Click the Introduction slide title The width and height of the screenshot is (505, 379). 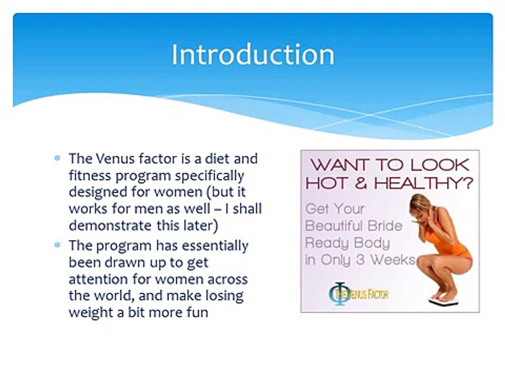tap(253, 54)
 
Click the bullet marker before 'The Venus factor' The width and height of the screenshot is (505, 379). tap(57, 158)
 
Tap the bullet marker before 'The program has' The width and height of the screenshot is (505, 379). tap(57, 245)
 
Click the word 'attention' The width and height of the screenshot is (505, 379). tap(98, 279)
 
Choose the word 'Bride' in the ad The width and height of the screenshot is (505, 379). tap(385, 226)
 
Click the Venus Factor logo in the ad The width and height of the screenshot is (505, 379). tap(358, 294)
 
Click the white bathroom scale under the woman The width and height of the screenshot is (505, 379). tap(443, 301)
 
